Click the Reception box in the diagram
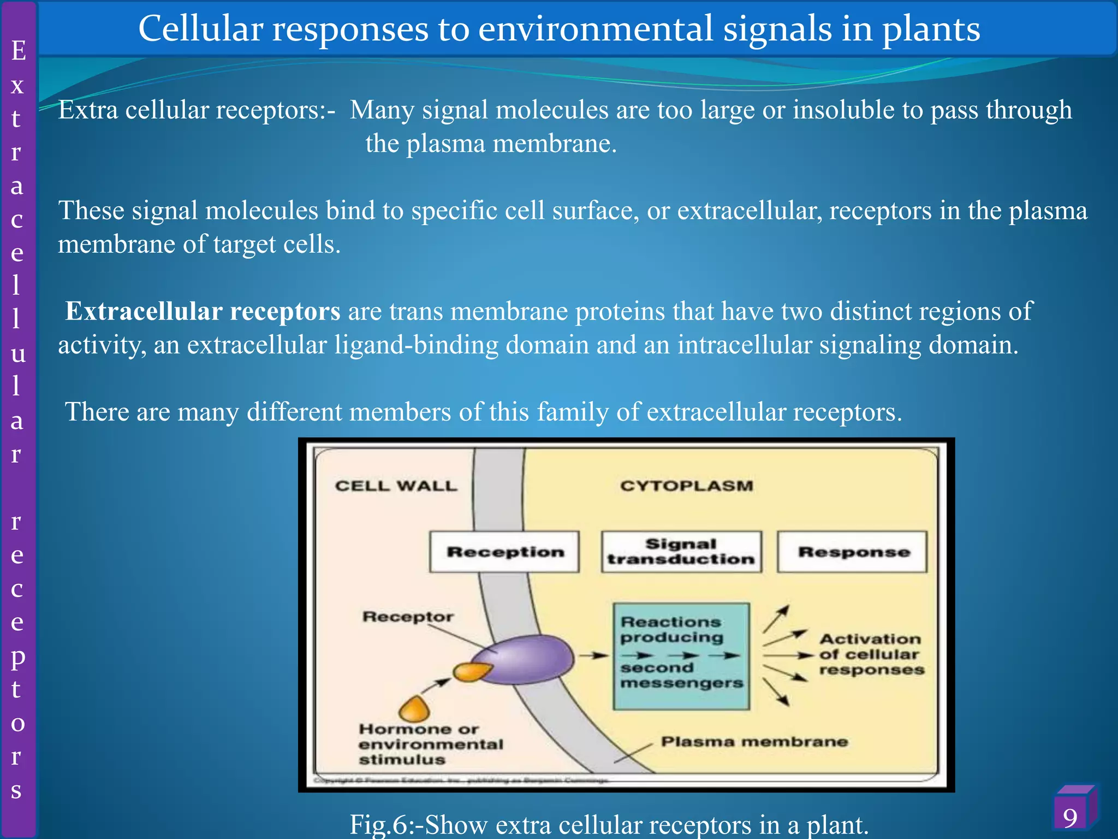point(504,552)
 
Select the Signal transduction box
point(681,552)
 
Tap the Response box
point(853,552)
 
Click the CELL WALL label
point(396,486)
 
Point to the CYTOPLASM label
point(686,486)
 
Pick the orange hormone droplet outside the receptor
point(414,710)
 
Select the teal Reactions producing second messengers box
point(681,655)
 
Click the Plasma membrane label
point(754,741)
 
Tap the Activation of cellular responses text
point(871,654)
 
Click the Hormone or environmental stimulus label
point(430,744)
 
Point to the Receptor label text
point(408,617)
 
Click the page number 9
point(1070,818)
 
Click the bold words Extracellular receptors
point(203,311)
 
